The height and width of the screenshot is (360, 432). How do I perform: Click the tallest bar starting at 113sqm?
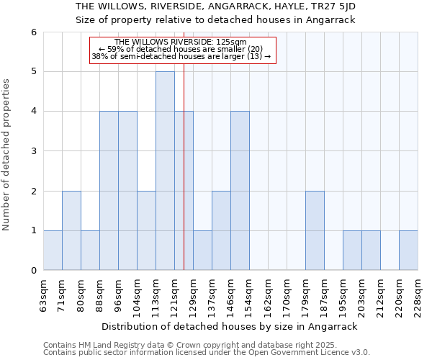(x=165, y=171)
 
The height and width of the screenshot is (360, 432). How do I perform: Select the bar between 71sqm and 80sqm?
(x=71, y=230)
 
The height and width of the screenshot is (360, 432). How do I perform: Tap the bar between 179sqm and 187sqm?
(x=315, y=230)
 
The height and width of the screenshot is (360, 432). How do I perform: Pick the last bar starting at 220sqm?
(x=408, y=251)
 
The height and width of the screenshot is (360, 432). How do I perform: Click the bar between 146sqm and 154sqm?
(x=240, y=191)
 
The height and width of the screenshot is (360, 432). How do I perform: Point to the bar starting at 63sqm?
(x=53, y=251)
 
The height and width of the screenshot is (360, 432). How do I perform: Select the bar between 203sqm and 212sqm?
(x=371, y=251)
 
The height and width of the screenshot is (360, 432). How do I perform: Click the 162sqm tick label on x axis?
(x=268, y=296)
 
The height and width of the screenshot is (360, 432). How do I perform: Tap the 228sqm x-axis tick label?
(x=418, y=296)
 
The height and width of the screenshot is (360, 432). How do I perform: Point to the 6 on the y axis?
(x=33, y=32)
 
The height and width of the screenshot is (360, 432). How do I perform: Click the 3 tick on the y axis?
(x=33, y=151)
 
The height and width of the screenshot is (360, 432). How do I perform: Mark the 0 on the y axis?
(x=33, y=271)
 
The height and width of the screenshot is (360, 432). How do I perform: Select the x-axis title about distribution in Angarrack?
(x=230, y=326)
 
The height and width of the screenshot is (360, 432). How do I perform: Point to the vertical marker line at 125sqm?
(x=184, y=180)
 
